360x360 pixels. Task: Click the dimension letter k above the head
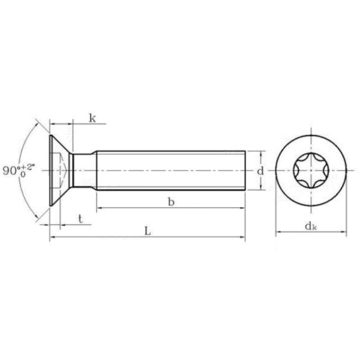(x=92, y=118)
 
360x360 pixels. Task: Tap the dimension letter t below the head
(x=80, y=219)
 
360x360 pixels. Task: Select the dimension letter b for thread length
(x=171, y=202)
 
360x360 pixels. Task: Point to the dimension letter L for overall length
(x=148, y=231)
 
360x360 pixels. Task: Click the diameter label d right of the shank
(x=260, y=171)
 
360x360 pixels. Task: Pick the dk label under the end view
(x=311, y=226)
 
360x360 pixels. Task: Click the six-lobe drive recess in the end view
(x=311, y=170)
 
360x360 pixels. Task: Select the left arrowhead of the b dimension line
(x=99, y=208)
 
